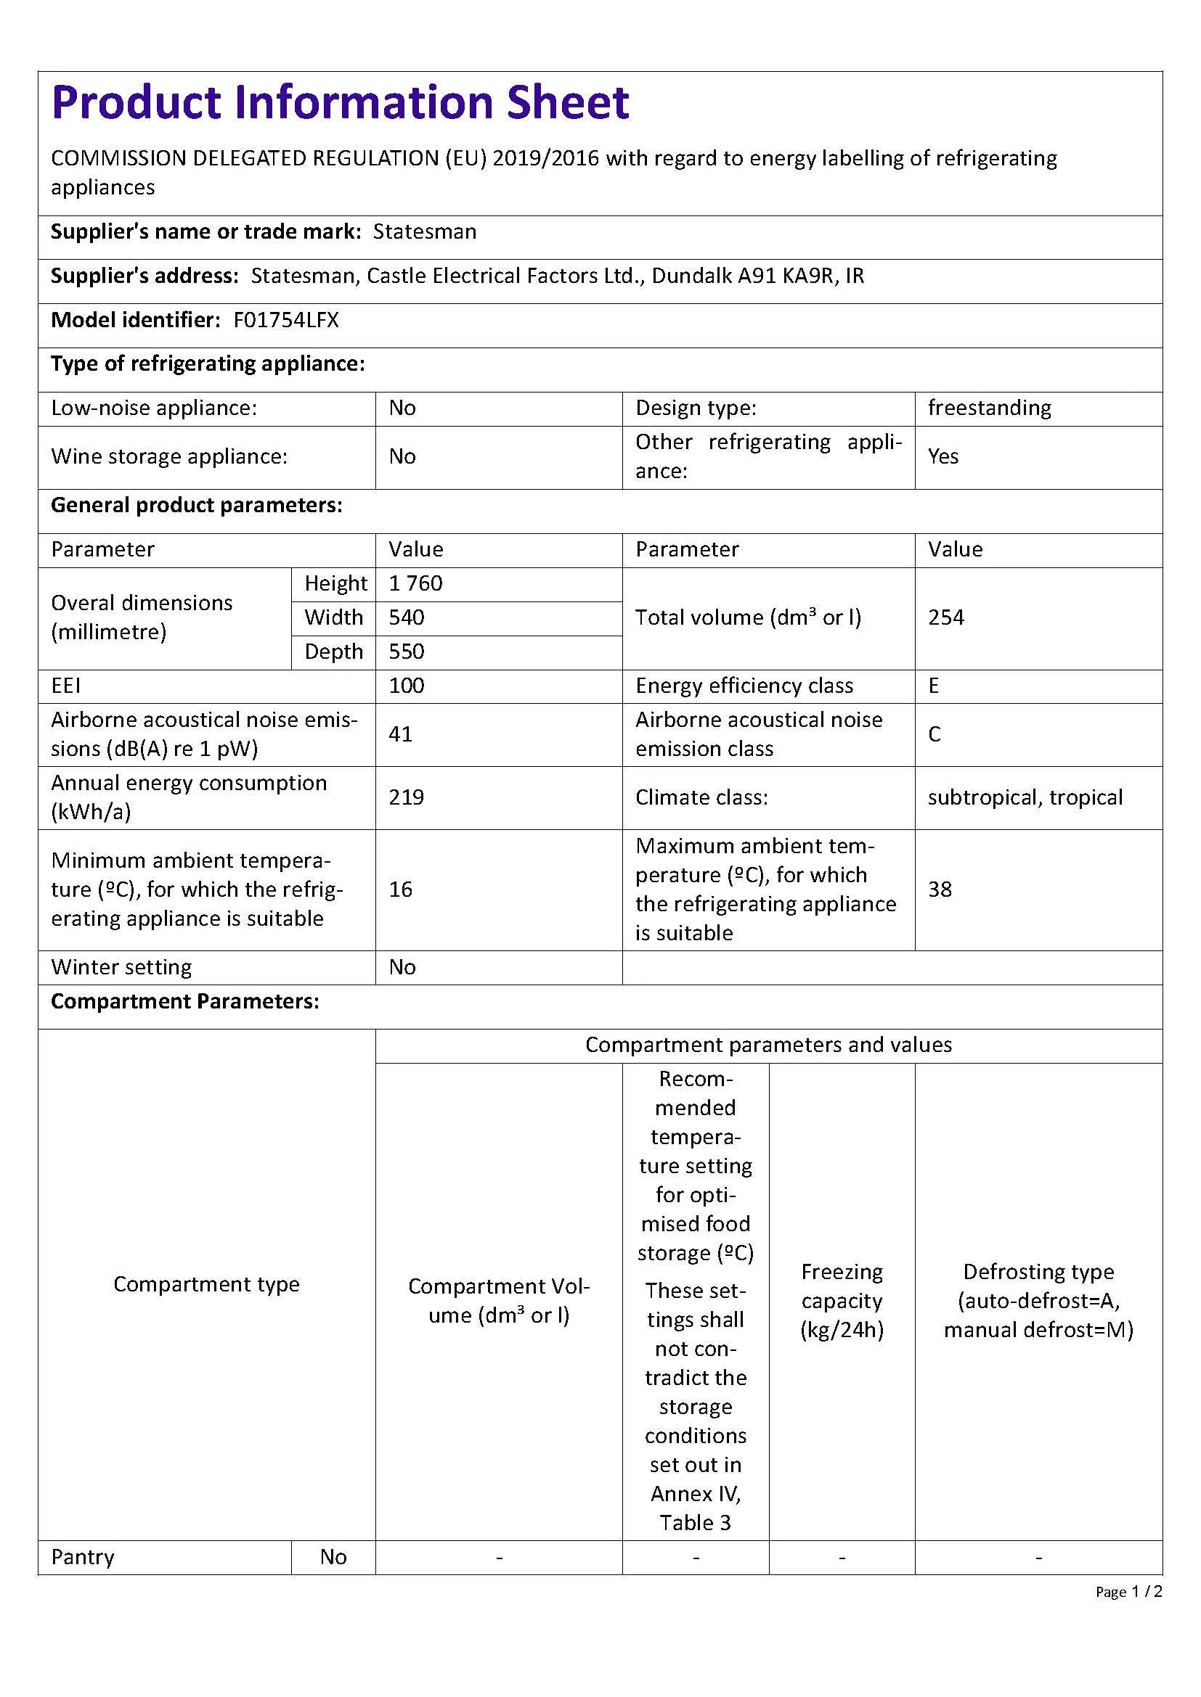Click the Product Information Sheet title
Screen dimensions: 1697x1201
(x=340, y=103)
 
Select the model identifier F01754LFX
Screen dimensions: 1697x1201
(x=286, y=320)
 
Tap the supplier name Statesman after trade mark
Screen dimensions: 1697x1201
(x=425, y=232)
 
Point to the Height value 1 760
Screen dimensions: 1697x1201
(x=415, y=584)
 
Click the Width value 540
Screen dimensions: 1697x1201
(x=407, y=618)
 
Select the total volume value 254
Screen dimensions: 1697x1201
(x=946, y=618)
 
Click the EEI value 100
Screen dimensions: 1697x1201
(x=407, y=686)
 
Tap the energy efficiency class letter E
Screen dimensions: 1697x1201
(x=933, y=686)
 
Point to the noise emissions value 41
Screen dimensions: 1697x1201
(x=401, y=734)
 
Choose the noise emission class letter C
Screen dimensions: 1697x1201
(x=934, y=734)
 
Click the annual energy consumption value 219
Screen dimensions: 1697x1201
(x=407, y=797)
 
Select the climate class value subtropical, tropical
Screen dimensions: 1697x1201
(x=1025, y=797)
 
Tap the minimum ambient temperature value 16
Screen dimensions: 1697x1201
(x=401, y=889)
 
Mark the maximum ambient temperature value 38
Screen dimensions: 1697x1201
(x=940, y=889)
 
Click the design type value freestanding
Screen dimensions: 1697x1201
(x=990, y=408)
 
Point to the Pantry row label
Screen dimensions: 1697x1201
(x=83, y=1557)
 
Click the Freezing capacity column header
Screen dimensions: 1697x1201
(x=842, y=1301)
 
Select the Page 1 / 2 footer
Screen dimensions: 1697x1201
(x=1128, y=1592)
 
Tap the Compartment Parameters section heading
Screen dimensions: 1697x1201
(x=185, y=1001)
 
